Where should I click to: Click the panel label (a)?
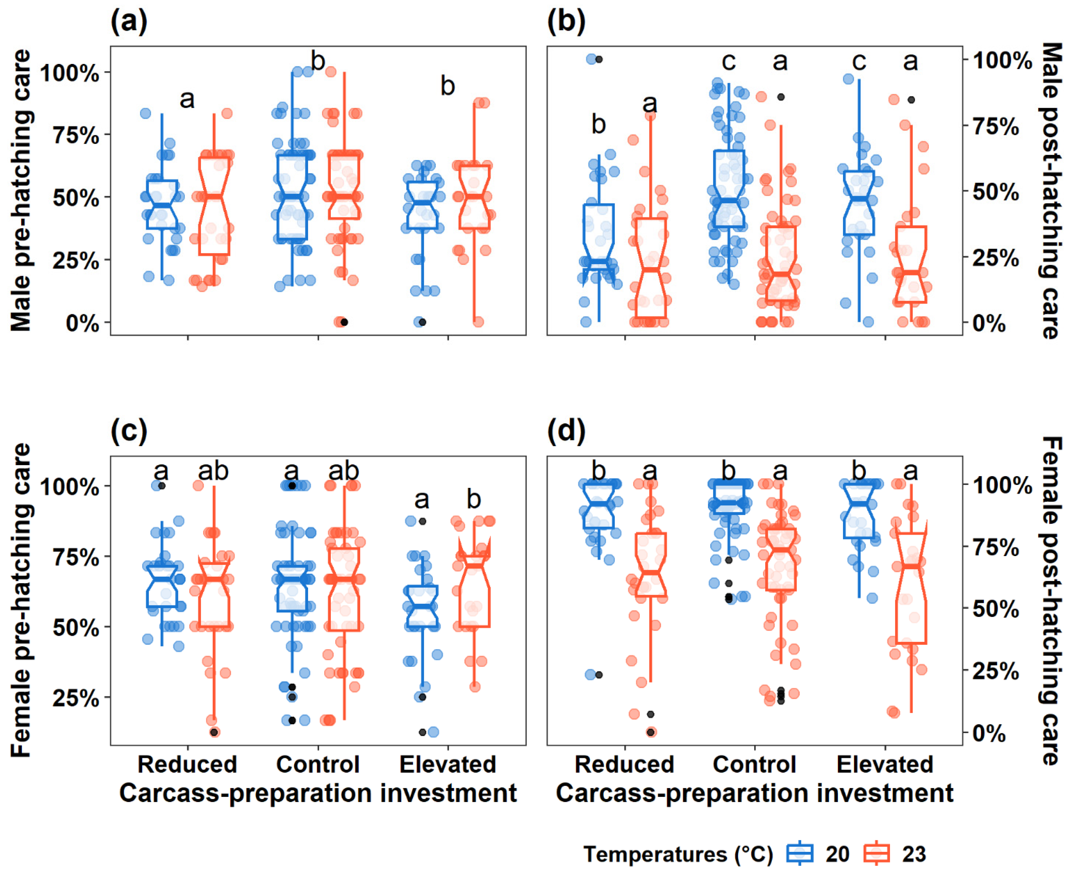tap(129, 23)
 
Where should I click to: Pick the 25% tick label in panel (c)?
tap(76, 699)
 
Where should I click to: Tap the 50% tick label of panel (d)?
tap(996, 609)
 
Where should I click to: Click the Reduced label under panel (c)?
tap(187, 764)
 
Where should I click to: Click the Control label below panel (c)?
tap(318, 764)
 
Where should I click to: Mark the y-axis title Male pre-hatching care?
tap(21, 190)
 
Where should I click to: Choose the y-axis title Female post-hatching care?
tap(1051, 601)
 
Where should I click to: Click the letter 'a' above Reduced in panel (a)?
tap(187, 99)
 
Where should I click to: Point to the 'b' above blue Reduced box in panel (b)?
tap(599, 124)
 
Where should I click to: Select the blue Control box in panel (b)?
tap(729, 188)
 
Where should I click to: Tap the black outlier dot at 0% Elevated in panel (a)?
tap(422, 322)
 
